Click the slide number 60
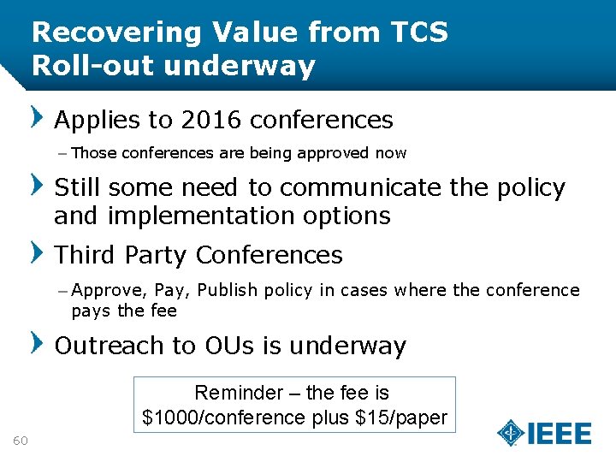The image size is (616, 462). click(x=21, y=441)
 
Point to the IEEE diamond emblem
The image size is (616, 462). click(x=511, y=433)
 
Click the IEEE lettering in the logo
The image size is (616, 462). click(x=560, y=433)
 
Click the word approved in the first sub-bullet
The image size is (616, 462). click(x=338, y=154)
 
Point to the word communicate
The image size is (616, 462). click(x=361, y=187)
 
